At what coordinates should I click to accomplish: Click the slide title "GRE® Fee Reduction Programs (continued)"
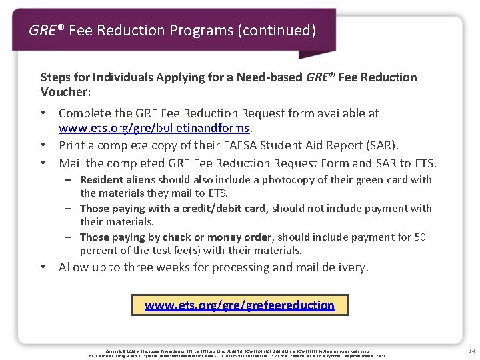[x=172, y=31]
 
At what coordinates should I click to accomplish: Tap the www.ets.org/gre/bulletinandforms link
[x=153, y=127]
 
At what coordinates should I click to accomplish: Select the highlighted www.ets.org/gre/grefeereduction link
[x=239, y=305]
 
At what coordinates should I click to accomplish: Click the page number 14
[x=471, y=350]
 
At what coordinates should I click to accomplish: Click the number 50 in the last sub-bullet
[x=420, y=237]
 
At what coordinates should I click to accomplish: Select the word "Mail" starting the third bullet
[x=71, y=163]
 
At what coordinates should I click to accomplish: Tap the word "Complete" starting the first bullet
[x=84, y=113]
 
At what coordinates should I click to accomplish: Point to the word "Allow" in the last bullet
[x=74, y=267]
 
